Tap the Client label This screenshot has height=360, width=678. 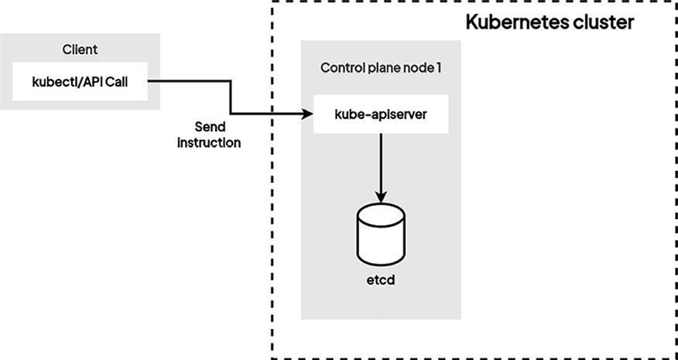80,51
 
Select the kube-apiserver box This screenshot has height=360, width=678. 380,115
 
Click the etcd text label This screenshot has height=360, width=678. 380,279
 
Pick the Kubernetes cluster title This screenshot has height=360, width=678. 550,22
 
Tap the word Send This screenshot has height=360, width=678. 209,128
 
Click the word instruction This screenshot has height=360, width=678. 209,143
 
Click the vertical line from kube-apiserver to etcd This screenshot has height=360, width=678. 380,163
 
